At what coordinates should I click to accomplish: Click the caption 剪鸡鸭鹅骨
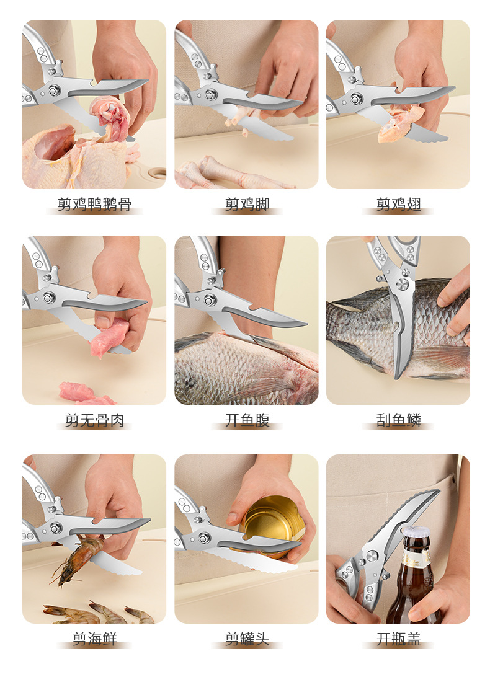(94, 204)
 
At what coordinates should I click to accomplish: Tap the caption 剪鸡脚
(247, 204)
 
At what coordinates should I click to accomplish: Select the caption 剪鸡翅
(398, 204)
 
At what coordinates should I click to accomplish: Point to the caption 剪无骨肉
(94, 420)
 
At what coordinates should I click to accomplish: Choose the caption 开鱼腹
(247, 420)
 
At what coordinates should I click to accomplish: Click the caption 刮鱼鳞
(398, 420)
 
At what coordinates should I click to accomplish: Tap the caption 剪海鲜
(94, 639)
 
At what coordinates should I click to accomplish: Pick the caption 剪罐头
(247, 639)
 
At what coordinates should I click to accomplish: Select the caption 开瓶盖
(398, 639)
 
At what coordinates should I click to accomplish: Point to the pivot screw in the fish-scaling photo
(402, 284)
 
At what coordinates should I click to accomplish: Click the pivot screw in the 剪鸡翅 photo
(357, 99)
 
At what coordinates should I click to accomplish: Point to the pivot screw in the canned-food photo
(205, 538)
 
